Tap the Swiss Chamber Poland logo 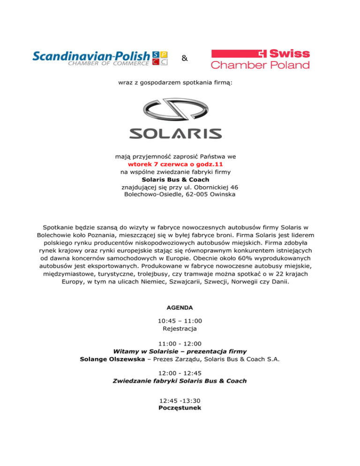[260, 59]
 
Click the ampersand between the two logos [184, 59]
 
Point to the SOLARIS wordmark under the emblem [175, 134]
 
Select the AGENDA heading [180, 308]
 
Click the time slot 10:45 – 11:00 [180, 321]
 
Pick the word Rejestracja [180, 329]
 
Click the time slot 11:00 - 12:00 [180, 343]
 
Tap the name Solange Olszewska [111, 359]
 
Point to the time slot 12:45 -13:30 [180, 400]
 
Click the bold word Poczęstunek [180, 408]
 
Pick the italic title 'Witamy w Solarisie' [149, 351]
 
